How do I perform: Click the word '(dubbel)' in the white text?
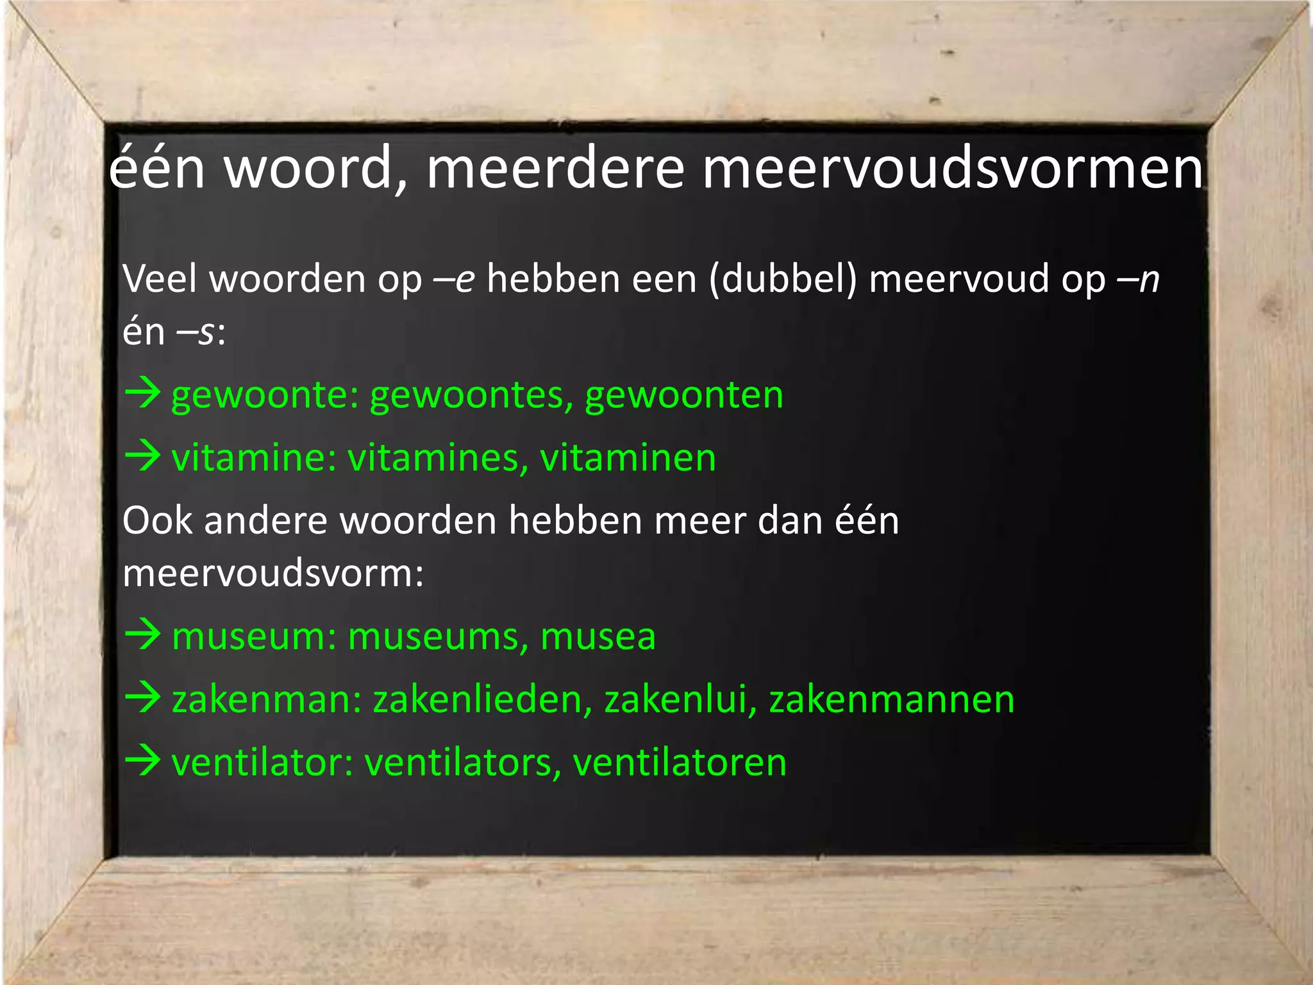[x=783, y=280]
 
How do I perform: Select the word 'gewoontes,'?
[x=471, y=396]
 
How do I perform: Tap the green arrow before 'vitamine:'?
[x=143, y=456]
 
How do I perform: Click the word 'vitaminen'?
[x=628, y=458]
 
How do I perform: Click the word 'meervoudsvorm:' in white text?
[x=273, y=573]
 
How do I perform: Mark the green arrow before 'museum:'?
[x=143, y=634]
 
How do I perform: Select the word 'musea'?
[x=598, y=637]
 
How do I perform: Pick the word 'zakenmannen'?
[x=891, y=699]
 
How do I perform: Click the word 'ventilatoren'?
[x=680, y=762]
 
